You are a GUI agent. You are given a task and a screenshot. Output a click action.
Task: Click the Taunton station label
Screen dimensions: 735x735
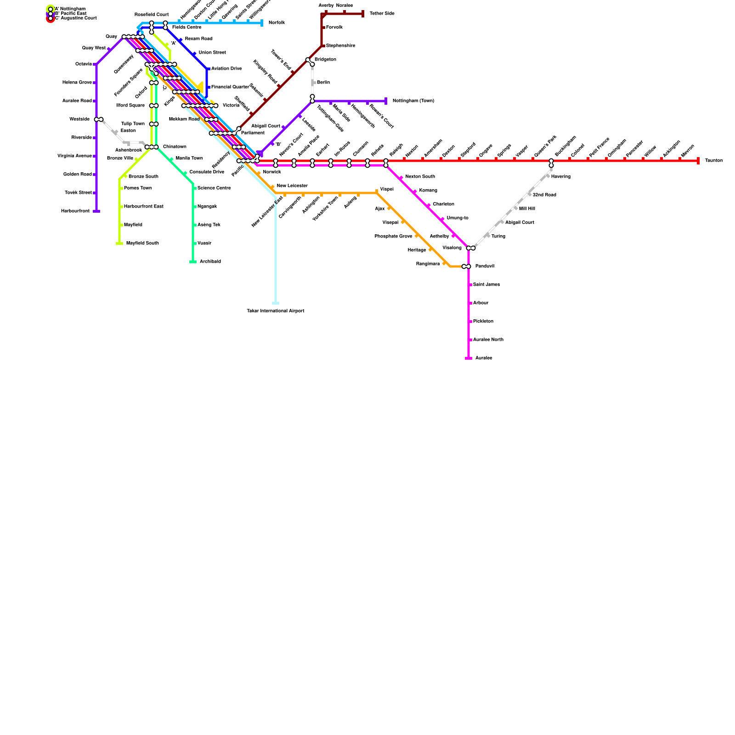(x=713, y=161)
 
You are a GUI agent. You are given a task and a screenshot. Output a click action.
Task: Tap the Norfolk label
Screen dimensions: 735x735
(x=277, y=23)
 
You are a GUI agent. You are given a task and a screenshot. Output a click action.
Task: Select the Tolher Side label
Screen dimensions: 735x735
(x=382, y=14)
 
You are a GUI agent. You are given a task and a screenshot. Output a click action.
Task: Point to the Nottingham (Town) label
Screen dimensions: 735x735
(x=413, y=101)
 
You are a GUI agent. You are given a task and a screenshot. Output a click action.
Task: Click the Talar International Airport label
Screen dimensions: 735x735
(x=275, y=311)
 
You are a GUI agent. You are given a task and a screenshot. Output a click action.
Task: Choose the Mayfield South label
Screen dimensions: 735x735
(x=142, y=243)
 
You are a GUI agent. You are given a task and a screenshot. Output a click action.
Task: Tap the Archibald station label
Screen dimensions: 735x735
(x=210, y=262)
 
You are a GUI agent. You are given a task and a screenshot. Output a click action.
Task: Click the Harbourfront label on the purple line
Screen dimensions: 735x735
(x=75, y=211)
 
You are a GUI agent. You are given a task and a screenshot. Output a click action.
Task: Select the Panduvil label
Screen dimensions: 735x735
(x=485, y=266)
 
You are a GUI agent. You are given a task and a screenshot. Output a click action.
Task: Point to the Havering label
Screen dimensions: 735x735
(x=560, y=177)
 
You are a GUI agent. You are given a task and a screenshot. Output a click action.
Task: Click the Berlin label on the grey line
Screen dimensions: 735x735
(x=323, y=83)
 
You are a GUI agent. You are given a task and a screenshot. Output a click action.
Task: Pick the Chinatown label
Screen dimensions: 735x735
(x=175, y=147)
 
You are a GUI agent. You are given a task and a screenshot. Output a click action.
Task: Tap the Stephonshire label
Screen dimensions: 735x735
(x=340, y=46)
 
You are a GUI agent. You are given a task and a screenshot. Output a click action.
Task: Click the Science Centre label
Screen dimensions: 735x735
(x=214, y=188)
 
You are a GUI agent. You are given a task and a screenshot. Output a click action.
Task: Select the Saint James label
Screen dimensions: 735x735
(x=486, y=285)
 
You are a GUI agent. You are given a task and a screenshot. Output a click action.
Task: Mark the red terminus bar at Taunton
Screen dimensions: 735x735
(x=698, y=161)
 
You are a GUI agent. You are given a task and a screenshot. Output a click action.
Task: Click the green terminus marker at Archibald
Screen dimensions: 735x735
(x=193, y=262)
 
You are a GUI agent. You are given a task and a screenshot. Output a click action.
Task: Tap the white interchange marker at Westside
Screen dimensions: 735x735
(x=99, y=119)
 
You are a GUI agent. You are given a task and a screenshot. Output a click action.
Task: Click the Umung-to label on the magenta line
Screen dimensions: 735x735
(x=457, y=218)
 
